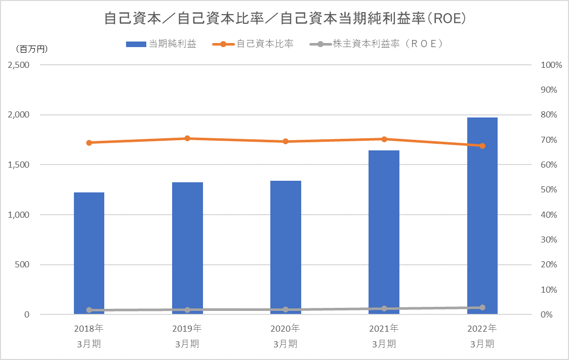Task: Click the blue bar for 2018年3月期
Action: [x=89, y=253]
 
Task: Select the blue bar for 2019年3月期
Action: [x=187, y=248]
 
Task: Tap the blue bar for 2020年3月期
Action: [x=286, y=248]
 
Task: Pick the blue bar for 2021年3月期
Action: [x=384, y=232]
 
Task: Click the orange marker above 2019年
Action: [x=187, y=138]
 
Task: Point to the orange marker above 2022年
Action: [x=482, y=146]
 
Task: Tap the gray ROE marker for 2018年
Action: [x=89, y=310]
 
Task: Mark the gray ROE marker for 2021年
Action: [x=384, y=308]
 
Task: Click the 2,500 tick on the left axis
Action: [x=18, y=65]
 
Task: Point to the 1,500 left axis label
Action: [x=18, y=165]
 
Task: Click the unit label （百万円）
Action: [x=32, y=49]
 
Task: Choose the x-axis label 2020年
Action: [x=286, y=328]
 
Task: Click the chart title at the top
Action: [x=284, y=19]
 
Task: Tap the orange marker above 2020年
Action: [x=286, y=141]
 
